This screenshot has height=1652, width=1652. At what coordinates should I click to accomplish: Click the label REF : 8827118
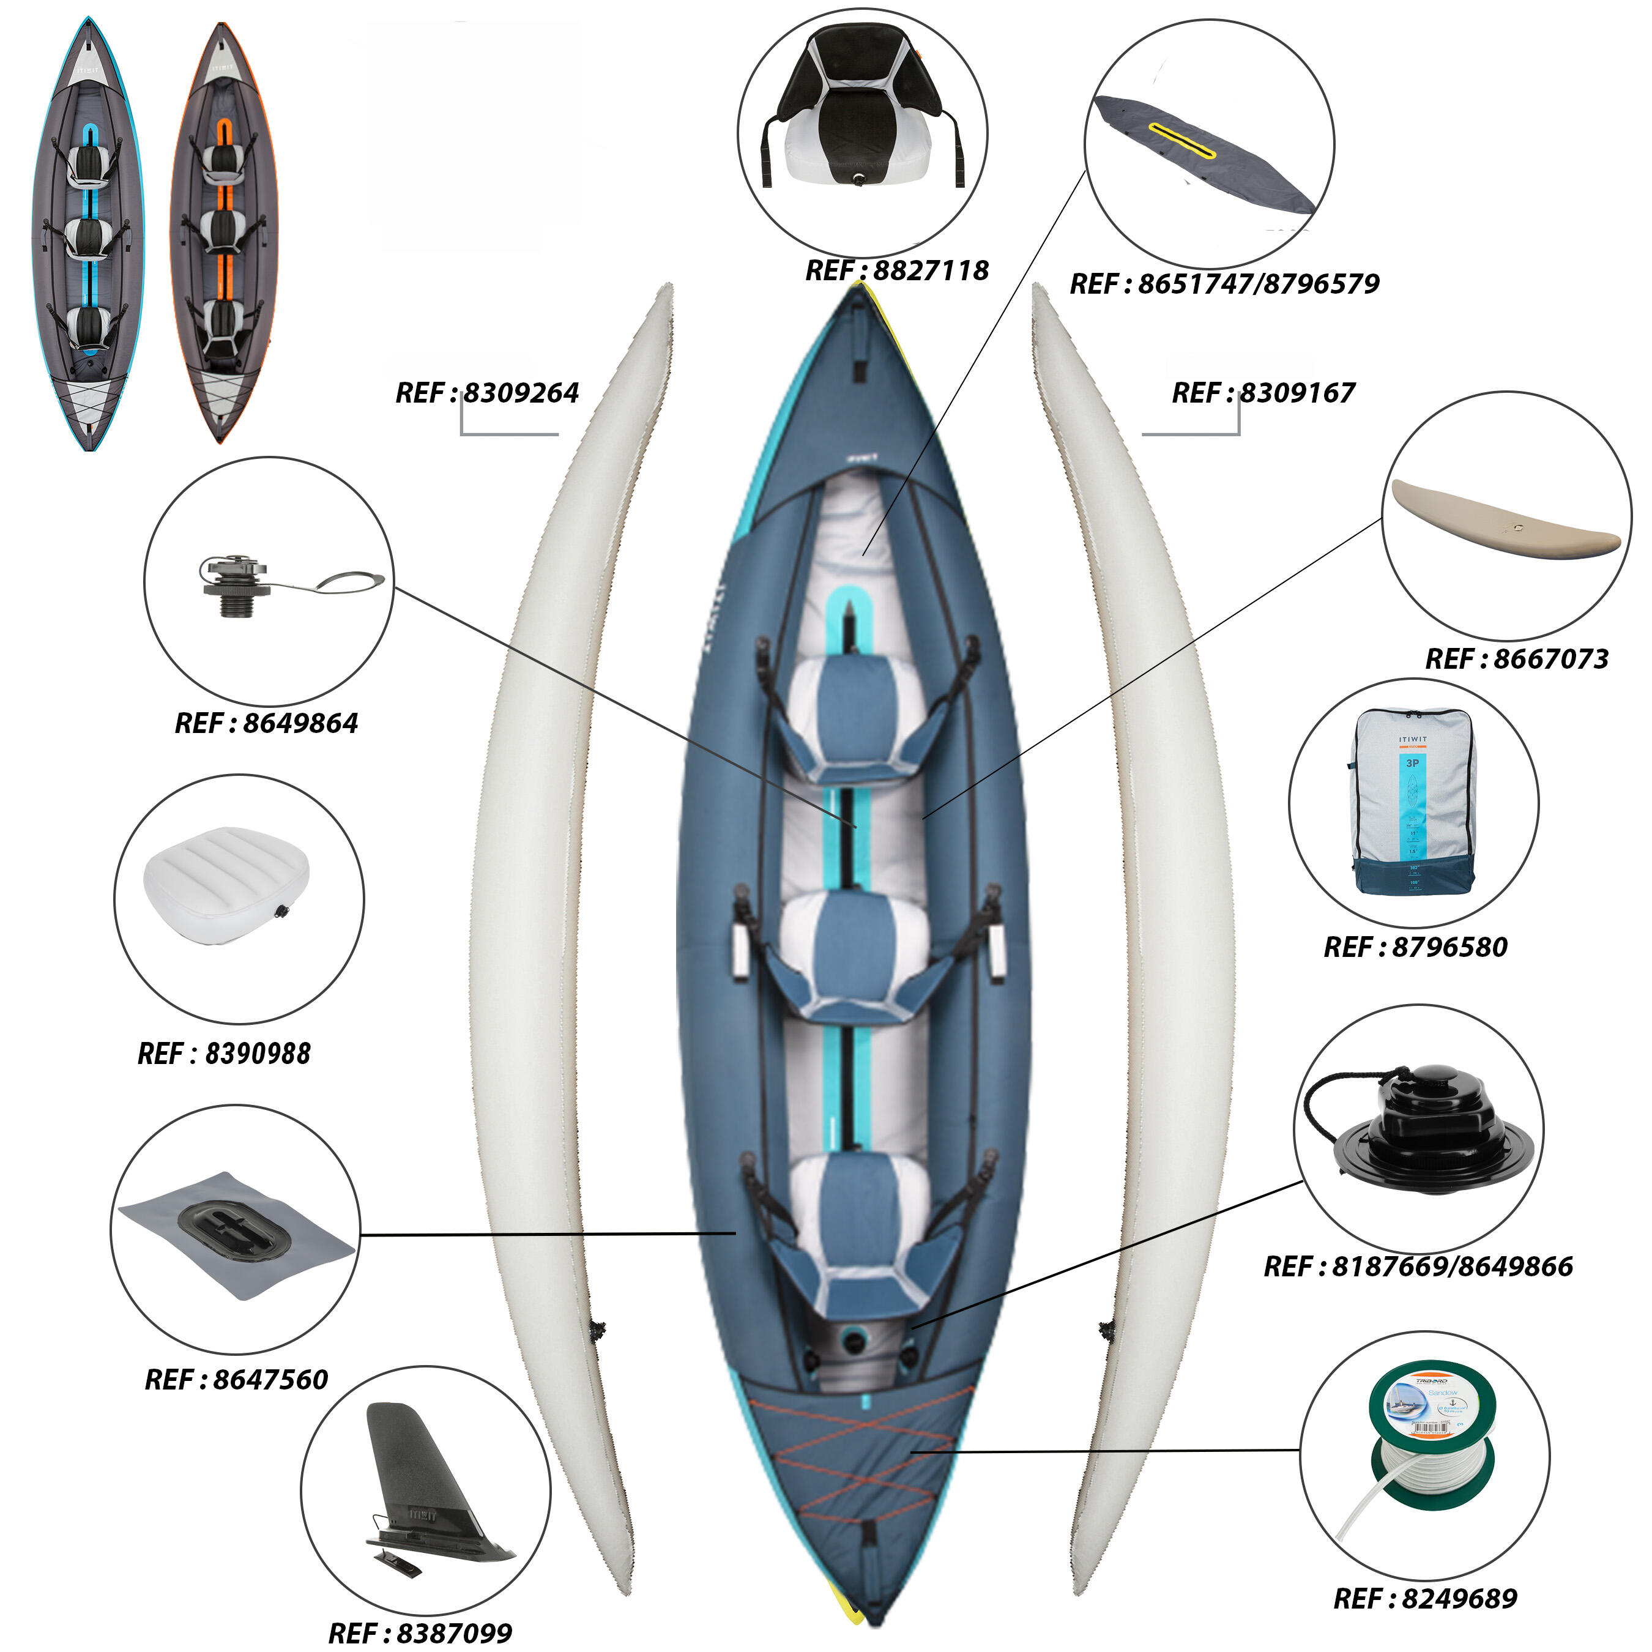pos(896,271)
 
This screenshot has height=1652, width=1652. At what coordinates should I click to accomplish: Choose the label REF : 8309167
pos(1263,393)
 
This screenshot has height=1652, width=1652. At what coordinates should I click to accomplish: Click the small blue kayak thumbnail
pos(89,233)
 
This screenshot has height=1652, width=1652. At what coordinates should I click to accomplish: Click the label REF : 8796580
pos(1415,947)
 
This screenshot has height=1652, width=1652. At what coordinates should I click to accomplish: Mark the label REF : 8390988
pos(224,1054)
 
